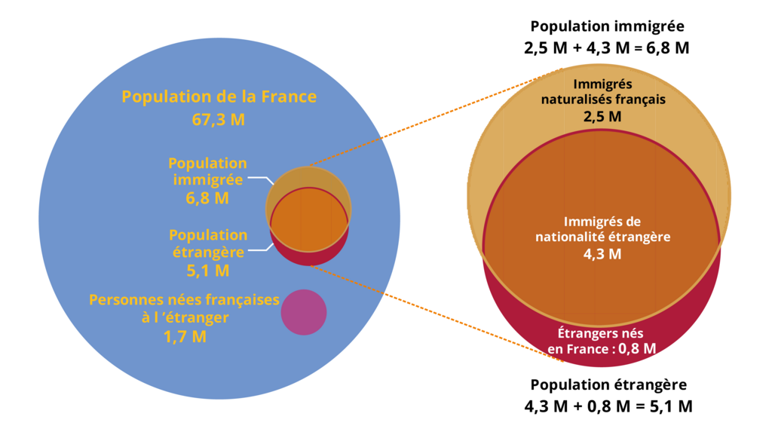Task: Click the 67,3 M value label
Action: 219,120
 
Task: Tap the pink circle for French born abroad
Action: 304,312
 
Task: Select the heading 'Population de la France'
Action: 219,97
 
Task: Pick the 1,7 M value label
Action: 185,337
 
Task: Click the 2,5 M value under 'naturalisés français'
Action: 602,116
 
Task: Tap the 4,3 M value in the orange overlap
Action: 602,254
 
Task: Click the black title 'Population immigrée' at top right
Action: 607,26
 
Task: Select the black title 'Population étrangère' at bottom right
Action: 608,384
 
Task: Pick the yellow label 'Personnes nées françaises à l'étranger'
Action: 185,308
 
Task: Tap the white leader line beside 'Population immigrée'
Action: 259,179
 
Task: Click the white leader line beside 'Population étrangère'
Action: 259,248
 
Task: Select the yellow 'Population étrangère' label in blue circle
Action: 208,243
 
